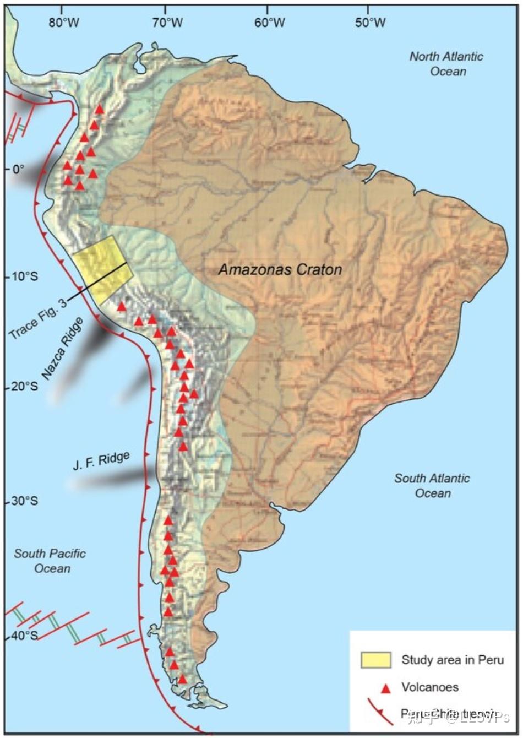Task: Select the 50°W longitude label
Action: pos(370,23)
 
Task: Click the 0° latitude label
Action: pos(18,169)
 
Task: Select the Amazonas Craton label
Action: pos(280,269)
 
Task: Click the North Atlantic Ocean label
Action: pos(446,64)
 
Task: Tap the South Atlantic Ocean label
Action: pos(432,485)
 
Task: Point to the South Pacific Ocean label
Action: pos(50,561)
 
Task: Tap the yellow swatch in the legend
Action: pos(375,660)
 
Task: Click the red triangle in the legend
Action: pos(386,687)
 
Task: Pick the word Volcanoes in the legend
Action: pos(429,687)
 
